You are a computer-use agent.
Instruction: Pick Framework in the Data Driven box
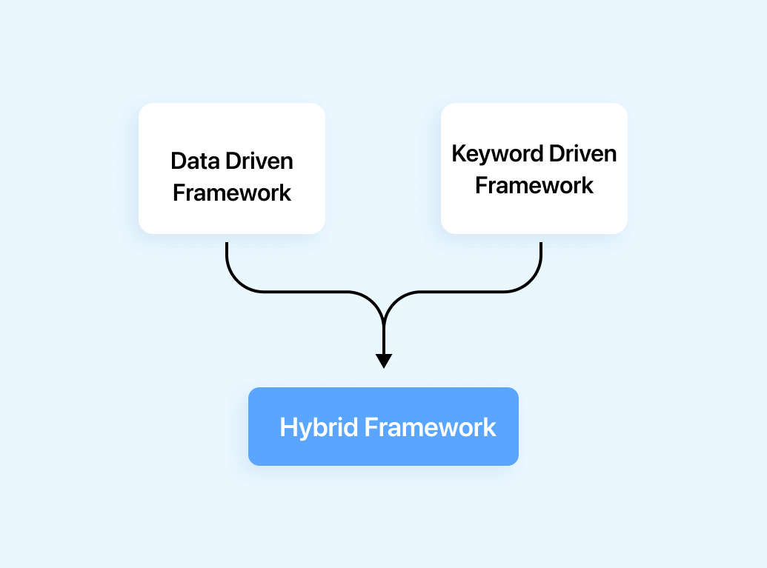click(x=232, y=193)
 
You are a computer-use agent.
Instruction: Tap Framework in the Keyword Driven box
click(x=534, y=185)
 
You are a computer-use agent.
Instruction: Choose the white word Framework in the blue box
click(x=431, y=427)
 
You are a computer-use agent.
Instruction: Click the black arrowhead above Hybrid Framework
click(x=383, y=361)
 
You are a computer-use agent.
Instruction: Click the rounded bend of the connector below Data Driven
click(x=236, y=282)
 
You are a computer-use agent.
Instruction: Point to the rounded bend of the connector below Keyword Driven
click(x=531, y=282)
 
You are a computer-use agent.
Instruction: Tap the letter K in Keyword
click(x=458, y=154)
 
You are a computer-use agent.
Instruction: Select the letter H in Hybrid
click(x=288, y=427)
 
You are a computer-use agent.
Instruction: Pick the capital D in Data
click(x=177, y=161)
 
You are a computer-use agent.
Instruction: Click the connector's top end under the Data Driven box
click(x=226, y=244)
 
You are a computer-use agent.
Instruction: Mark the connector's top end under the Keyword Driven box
click(x=541, y=244)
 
